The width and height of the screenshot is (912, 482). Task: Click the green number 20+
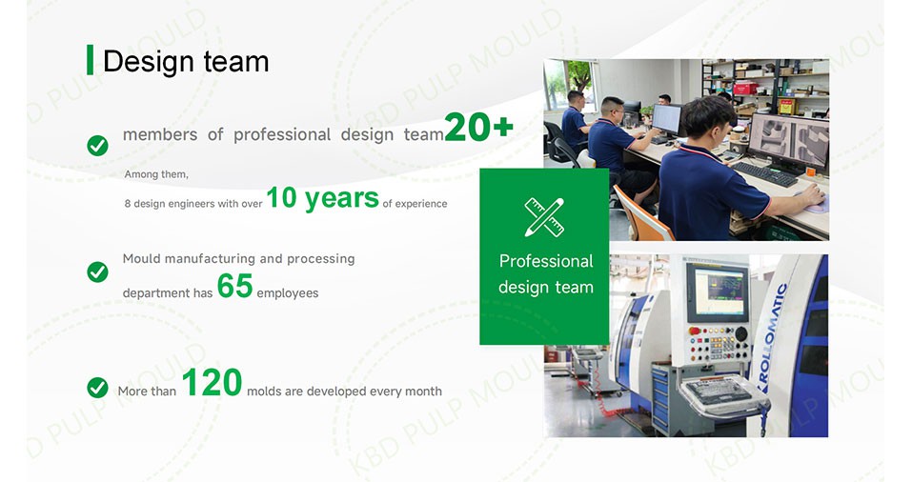[x=478, y=127]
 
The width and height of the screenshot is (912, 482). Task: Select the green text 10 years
[x=322, y=198]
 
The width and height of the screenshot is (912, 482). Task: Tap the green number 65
[x=235, y=286]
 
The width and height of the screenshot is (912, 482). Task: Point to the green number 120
[x=212, y=382]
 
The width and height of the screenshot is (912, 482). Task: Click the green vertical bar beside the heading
[x=90, y=60]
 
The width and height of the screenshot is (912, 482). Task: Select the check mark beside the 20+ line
[x=98, y=146]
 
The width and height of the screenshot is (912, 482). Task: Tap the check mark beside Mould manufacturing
[x=98, y=271]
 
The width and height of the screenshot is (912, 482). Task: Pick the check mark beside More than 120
[x=98, y=388]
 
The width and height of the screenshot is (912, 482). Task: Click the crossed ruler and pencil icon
[x=544, y=217]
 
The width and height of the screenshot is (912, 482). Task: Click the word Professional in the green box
[x=546, y=262]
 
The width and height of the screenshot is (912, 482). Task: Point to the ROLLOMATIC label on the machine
[x=774, y=337]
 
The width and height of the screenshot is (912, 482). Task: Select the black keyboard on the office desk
[x=763, y=174]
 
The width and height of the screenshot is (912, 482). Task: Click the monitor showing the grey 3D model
[x=789, y=141]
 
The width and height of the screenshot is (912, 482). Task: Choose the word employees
[x=288, y=293]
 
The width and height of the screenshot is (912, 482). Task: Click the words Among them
[x=156, y=174]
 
